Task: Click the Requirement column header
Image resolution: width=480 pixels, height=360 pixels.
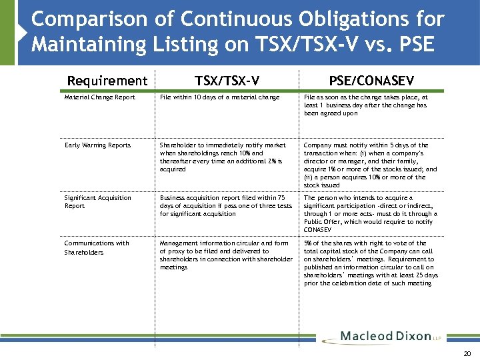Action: click(107, 81)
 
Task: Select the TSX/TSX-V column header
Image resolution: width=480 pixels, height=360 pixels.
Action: click(227, 81)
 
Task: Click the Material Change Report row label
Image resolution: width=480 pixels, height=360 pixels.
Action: click(99, 97)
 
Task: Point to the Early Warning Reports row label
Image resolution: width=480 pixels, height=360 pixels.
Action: click(97, 145)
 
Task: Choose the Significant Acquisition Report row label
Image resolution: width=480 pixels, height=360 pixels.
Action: click(97, 202)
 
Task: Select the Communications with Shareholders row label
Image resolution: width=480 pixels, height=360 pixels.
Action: click(97, 247)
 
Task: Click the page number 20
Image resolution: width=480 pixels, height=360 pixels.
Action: click(467, 354)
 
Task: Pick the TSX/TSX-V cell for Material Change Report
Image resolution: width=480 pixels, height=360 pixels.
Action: click(219, 97)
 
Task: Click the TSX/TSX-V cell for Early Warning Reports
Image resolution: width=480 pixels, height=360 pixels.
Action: click(223, 157)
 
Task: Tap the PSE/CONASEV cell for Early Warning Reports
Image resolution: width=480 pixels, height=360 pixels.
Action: click(371, 165)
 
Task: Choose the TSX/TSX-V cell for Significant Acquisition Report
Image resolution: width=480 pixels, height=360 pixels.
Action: click(225, 206)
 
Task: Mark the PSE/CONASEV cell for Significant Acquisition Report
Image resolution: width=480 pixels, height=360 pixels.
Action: click(371, 214)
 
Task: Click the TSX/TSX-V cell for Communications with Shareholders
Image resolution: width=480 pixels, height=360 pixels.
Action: click(225, 255)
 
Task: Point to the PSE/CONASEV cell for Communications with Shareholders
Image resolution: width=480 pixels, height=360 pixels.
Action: click(371, 263)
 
